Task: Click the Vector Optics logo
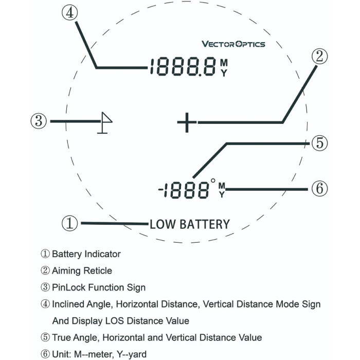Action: [x=233, y=44]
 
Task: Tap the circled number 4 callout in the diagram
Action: [x=70, y=13]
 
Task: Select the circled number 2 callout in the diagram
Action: [x=319, y=57]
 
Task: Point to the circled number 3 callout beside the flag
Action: [x=39, y=121]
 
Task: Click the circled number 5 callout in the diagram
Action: [x=319, y=143]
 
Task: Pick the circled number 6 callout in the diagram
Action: [x=319, y=189]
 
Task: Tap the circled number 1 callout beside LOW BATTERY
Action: [x=70, y=223]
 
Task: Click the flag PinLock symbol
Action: [x=105, y=122]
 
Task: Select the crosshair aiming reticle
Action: [x=187, y=122]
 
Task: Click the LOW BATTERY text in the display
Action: [x=190, y=224]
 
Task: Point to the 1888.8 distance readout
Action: [x=183, y=67]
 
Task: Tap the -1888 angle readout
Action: [x=184, y=190]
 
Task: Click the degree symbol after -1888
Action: [x=213, y=181]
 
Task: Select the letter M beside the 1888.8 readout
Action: [x=224, y=62]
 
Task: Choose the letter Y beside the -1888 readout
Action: [x=222, y=194]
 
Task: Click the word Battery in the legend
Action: [x=67, y=254]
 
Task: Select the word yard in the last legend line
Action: [x=137, y=354]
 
